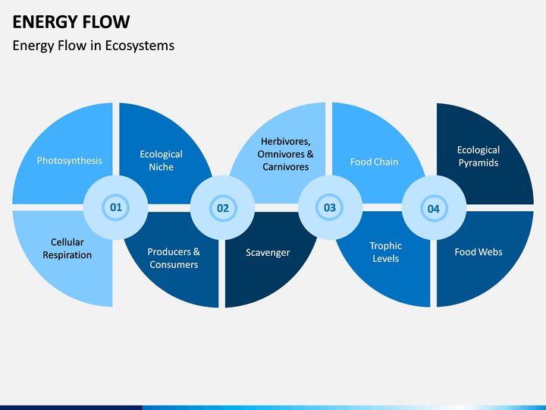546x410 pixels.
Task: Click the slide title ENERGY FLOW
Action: click(x=71, y=22)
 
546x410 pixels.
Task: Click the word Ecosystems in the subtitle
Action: click(x=140, y=46)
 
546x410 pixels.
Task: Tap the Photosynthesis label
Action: click(x=70, y=161)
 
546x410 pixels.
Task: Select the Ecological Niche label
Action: click(x=162, y=160)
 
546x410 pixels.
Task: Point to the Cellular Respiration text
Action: click(x=67, y=248)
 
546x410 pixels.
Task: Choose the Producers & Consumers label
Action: click(x=174, y=258)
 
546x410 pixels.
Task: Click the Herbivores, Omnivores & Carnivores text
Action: click(x=286, y=154)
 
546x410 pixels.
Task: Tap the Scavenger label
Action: click(x=268, y=252)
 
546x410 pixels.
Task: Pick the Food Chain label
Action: click(x=374, y=162)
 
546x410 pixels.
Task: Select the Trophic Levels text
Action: click(x=386, y=252)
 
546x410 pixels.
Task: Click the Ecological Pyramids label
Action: click(x=479, y=156)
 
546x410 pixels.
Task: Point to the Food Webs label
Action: click(x=479, y=252)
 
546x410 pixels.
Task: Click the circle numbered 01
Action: click(x=115, y=207)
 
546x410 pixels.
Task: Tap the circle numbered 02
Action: click(x=222, y=208)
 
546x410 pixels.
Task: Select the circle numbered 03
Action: click(x=330, y=208)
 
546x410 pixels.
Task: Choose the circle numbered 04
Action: click(x=434, y=208)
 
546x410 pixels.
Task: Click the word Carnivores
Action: click(x=286, y=167)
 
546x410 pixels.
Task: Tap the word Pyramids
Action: click(x=479, y=162)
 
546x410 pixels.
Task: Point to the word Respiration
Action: click(x=67, y=255)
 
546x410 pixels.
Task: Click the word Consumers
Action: click(x=174, y=265)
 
